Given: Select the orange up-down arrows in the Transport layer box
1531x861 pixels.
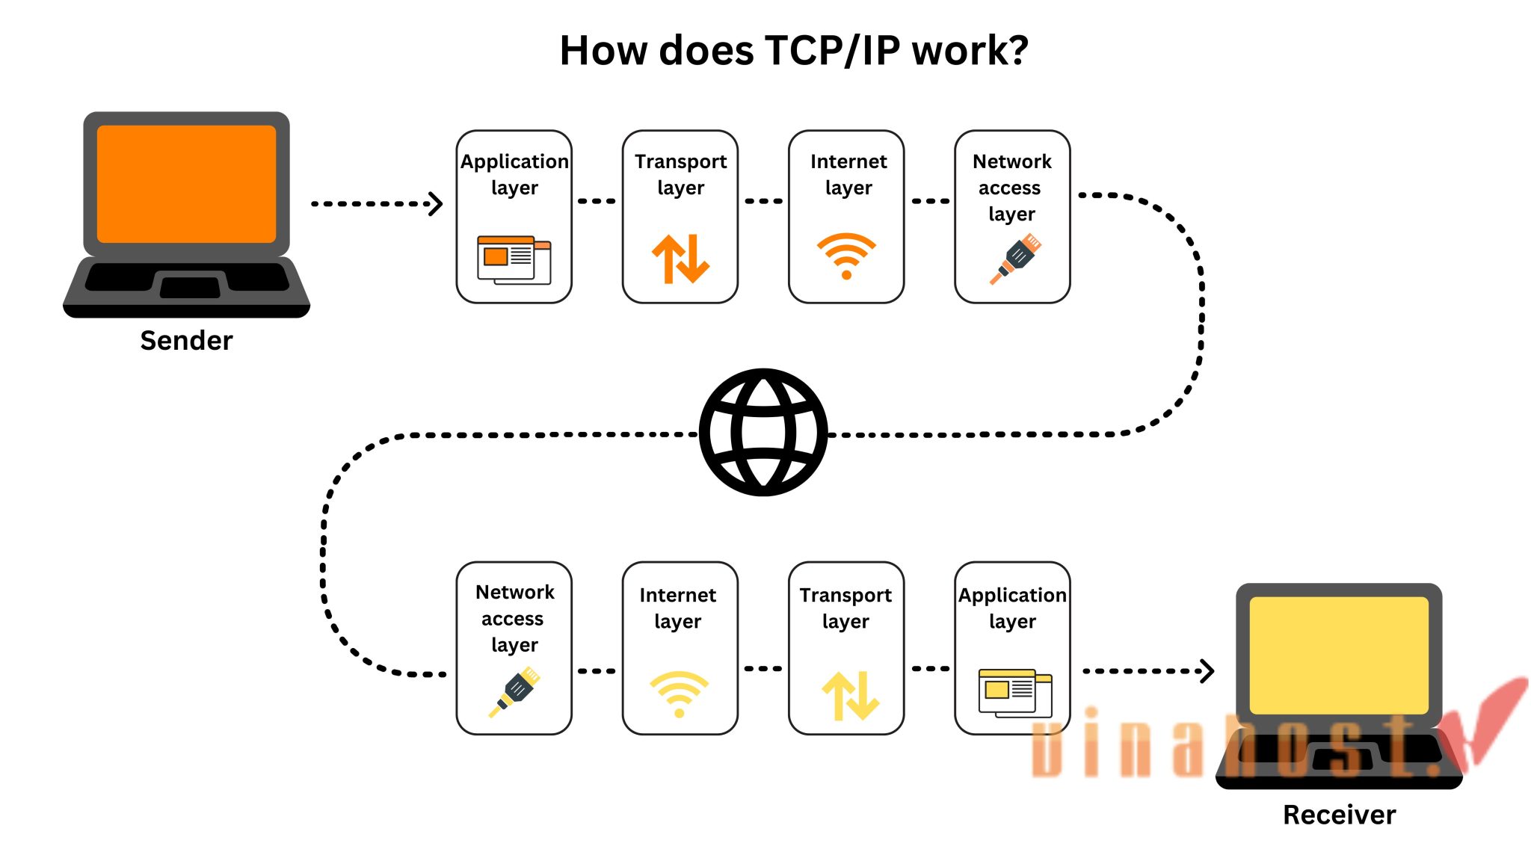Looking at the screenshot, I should click(x=680, y=259).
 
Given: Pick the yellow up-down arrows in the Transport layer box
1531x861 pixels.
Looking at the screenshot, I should click(x=850, y=695).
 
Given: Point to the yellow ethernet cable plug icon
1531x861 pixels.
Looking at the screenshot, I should click(x=515, y=692).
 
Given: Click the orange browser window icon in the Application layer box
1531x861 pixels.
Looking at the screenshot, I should click(x=514, y=260).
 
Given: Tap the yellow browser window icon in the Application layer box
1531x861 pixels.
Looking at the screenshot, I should click(x=1014, y=693).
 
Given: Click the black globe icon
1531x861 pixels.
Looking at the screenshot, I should click(x=763, y=432).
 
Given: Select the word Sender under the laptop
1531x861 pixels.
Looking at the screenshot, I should click(x=186, y=341).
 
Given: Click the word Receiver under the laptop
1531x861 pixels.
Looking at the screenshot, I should click(x=1339, y=815).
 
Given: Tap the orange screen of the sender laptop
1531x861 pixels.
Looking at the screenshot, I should click(x=186, y=184).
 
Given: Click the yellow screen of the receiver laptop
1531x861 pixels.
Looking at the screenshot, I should click(x=1338, y=655).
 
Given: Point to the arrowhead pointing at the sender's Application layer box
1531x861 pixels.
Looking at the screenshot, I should click(x=436, y=203).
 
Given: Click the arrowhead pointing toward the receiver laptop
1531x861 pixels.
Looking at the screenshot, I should click(x=1207, y=670).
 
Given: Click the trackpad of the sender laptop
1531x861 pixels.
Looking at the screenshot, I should click(x=190, y=287).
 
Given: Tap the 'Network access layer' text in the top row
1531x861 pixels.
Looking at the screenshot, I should click(x=1011, y=187).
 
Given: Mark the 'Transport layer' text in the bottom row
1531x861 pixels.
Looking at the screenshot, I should click(x=845, y=608).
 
